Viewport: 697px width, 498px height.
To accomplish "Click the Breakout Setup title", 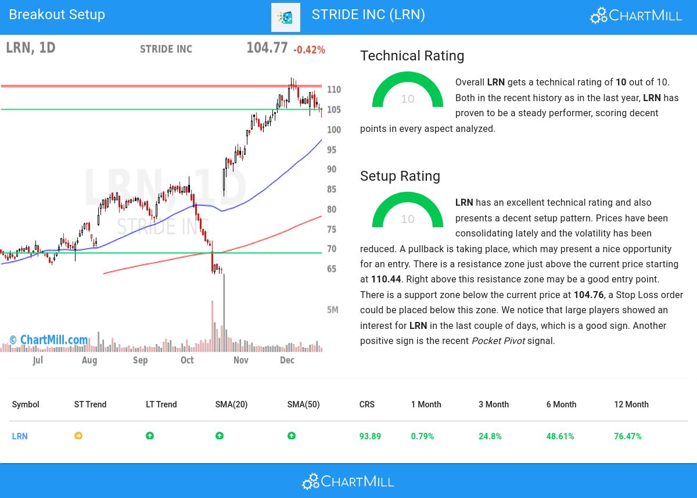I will click(x=57, y=15).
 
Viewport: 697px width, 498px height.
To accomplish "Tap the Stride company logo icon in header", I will click(x=285, y=17).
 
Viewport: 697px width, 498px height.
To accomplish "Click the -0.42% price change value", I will click(x=309, y=50).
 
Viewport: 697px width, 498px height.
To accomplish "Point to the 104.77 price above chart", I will click(x=267, y=48).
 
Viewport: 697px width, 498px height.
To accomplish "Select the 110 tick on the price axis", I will click(x=334, y=89).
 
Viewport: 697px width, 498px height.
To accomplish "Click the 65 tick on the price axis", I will click(x=332, y=269).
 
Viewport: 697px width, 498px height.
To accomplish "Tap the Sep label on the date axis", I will click(x=140, y=360).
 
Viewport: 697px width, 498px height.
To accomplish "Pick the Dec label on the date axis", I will click(x=287, y=360).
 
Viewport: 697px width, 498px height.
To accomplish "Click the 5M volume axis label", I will click(x=332, y=310).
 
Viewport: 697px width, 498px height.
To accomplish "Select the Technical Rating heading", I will click(x=412, y=56).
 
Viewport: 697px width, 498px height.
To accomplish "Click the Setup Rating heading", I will click(x=400, y=176).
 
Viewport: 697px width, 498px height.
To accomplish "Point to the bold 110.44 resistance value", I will click(x=386, y=280).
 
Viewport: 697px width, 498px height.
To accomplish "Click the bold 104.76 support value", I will click(x=588, y=295).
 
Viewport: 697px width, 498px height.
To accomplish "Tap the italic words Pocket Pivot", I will click(x=498, y=341).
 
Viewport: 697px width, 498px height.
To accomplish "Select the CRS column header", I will click(x=367, y=404).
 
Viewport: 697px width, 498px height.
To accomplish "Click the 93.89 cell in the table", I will click(x=370, y=436).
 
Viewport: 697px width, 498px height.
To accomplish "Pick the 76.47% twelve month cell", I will click(x=627, y=436).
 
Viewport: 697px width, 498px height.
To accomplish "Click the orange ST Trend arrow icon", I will click(x=78, y=436).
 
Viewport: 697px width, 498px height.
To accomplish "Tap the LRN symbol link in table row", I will click(x=20, y=436).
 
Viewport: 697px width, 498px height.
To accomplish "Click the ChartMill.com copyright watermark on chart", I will click(x=49, y=340).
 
